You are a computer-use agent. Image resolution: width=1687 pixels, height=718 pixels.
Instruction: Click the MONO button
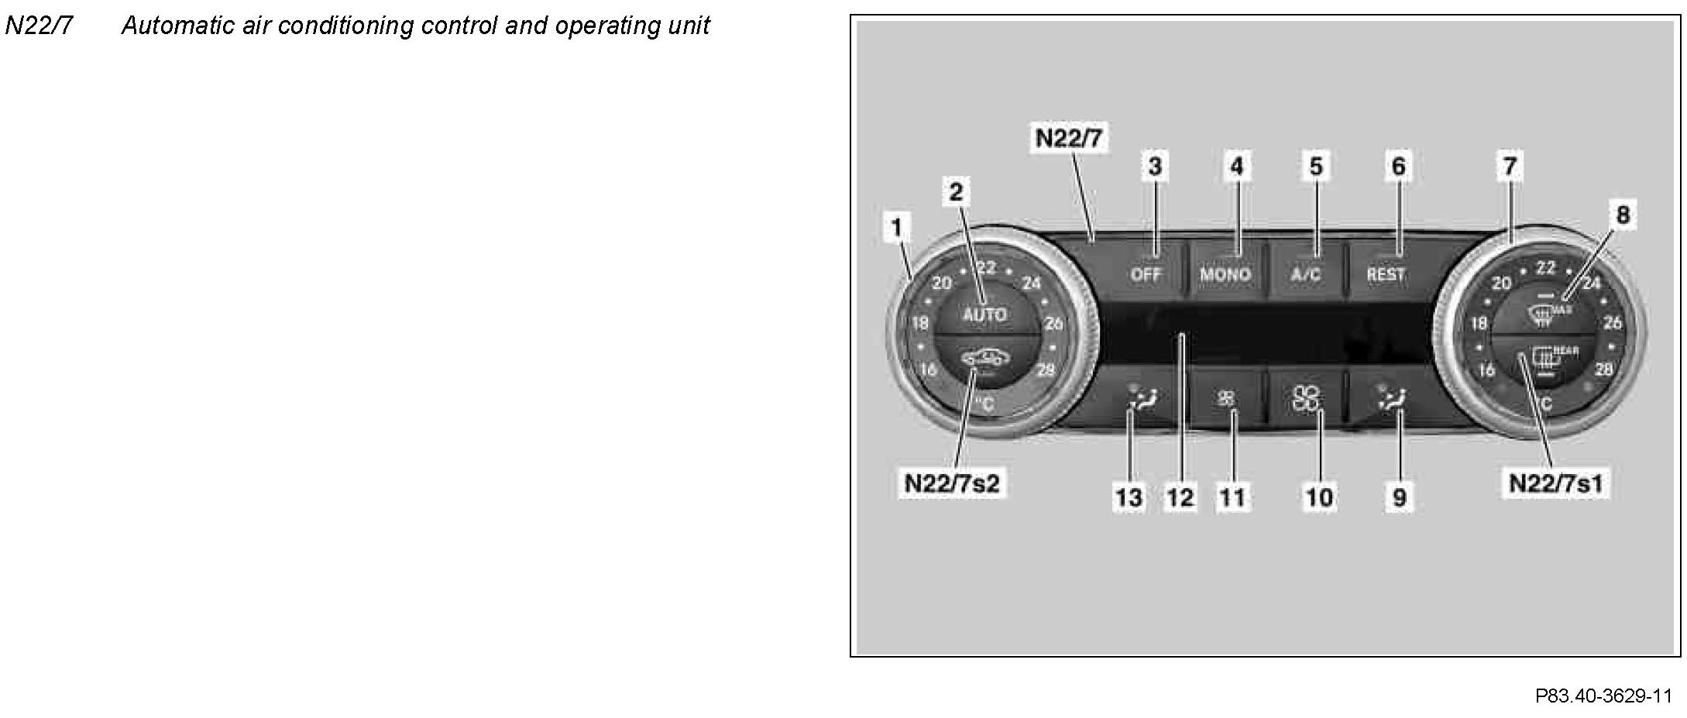[1225, 274]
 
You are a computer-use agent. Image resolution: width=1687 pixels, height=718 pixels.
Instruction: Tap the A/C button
[1305, 274]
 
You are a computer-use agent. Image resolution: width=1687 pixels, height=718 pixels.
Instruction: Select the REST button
[1386, 274]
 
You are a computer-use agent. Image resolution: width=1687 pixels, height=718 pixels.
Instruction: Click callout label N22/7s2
[952, 483]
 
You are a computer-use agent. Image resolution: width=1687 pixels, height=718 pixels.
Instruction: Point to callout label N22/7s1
[1556, 483]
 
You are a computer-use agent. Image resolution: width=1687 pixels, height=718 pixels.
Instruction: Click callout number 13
[1129, 497]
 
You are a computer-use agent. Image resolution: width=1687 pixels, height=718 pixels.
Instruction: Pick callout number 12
[1180, 497]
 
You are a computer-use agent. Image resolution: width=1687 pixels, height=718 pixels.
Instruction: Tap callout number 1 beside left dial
[897, 228]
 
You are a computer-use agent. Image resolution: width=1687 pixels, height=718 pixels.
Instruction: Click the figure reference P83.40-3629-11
[1603, 696]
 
